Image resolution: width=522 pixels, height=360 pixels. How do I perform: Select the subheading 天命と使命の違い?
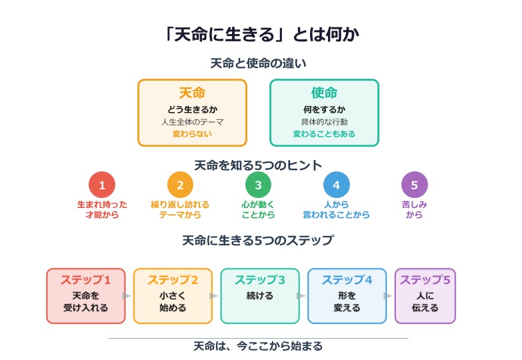click(258, 64)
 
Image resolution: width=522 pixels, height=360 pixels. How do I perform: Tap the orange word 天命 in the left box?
click(192, 93)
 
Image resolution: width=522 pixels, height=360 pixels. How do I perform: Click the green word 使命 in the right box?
click(324, 93)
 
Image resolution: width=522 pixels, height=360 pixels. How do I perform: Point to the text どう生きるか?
click(192, 109)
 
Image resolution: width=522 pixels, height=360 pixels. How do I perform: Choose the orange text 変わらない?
click(192, 134)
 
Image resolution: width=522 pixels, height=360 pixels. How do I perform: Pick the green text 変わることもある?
click(324, 134)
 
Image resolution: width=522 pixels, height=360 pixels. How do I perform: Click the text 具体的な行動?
click(324, 122)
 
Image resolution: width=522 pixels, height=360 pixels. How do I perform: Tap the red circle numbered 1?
click(102, 185)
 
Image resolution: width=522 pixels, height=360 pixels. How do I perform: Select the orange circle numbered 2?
click(180, 185)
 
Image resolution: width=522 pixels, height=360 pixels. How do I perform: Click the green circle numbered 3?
click(258, 185)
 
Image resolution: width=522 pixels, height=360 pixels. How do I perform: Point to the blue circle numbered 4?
click(337, 185)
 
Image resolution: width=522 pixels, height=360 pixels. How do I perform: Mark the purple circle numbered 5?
click(415, 185)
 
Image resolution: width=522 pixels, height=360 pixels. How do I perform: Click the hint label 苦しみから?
click(415, 209)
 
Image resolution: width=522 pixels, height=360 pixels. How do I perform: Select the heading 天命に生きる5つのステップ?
click(258, 241)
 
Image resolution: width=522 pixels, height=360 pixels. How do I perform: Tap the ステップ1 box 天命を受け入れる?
click(86, 296)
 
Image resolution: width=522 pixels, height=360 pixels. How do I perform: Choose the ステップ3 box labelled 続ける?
click(260, 296)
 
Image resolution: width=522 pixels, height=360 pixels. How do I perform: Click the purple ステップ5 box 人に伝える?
click(425, 296)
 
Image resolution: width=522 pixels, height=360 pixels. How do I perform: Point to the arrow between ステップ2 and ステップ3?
click(214, 296)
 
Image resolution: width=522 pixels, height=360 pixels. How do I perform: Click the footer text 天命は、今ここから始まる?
click(258, 346)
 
